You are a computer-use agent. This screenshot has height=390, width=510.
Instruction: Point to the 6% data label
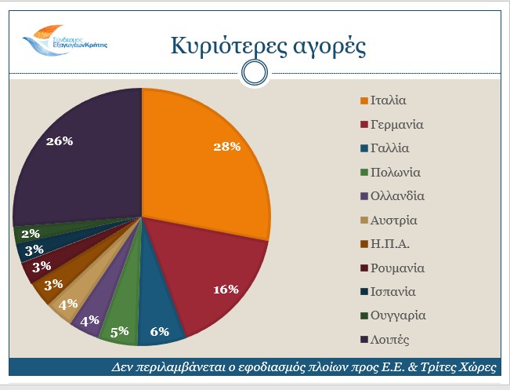coord(160,331)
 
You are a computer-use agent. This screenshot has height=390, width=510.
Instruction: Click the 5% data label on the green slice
coord(120,331)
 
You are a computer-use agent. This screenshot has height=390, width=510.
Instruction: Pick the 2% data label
coord(31,233)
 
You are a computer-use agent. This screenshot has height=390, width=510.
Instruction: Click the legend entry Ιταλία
coord(389,100)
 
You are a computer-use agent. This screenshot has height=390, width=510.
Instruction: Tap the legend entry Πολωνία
coord(396,172)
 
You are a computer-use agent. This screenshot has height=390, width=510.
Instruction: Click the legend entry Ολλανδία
coord(397,196)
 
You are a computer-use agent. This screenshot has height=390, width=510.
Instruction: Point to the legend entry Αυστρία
coord(393,220)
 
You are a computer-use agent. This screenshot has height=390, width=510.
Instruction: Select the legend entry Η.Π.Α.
coord(389,244)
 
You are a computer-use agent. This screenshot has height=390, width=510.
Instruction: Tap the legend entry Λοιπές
coord(391,340)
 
